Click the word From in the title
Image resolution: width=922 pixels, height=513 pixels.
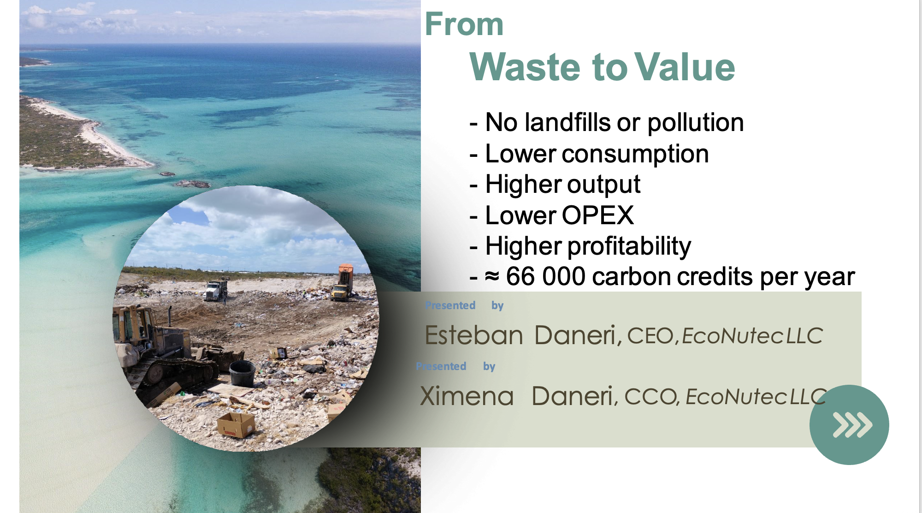[x=464, y=24]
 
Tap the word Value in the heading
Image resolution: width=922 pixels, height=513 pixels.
[x=685, y=67]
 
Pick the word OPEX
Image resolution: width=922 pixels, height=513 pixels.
[x=597, y=215]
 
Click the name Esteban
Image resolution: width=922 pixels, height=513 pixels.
[x=473, y=335]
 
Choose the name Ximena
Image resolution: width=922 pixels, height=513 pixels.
[x=467, y=396]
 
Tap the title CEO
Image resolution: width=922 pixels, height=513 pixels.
[x=650, y=336]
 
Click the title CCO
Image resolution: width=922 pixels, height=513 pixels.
[x=650, y=397]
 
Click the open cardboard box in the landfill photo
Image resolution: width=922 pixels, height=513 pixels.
[x=236, y=424]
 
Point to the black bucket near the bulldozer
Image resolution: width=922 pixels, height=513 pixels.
[x=242, y=373]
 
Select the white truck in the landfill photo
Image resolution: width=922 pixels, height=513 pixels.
[x=216, y=290]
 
